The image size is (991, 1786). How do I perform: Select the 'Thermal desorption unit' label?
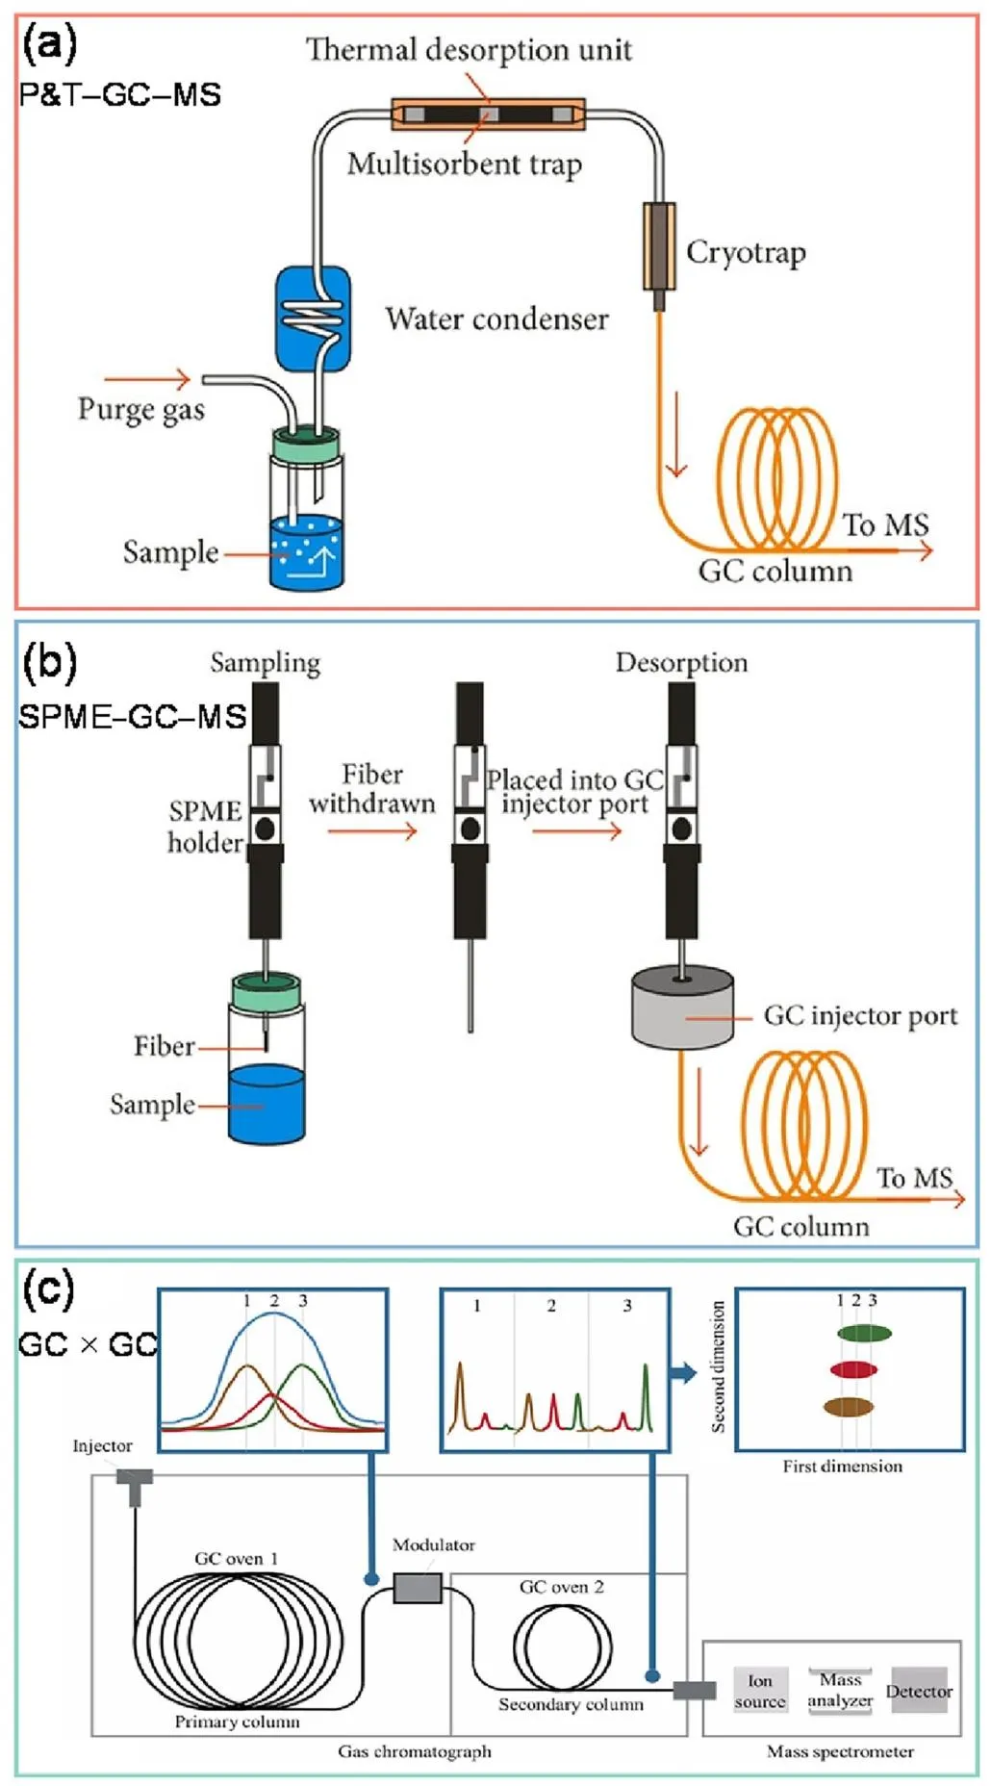(469, 49)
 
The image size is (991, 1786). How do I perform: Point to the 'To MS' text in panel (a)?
(885, 524)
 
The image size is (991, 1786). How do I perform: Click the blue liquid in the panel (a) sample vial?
(307, 553)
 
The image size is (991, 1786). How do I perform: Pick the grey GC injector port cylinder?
(682, 1008)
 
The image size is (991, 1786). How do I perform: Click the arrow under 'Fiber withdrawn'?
(371, 829)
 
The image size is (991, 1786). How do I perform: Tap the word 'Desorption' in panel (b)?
(681, 662)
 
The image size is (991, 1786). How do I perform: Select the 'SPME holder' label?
(205, 827)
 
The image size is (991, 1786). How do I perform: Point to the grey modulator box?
(418, 1587)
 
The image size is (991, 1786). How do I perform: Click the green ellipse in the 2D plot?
(864, 1333)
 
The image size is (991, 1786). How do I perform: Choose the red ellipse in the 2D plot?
(853, 1369)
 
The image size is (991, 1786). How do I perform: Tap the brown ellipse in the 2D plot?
(848, 1407)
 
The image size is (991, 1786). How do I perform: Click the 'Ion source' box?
(760, 1691)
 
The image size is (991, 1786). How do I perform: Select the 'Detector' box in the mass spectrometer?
(919, 1691)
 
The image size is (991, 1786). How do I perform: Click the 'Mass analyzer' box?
(840, 1691)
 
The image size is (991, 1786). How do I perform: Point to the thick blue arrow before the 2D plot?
(683, 1373)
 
